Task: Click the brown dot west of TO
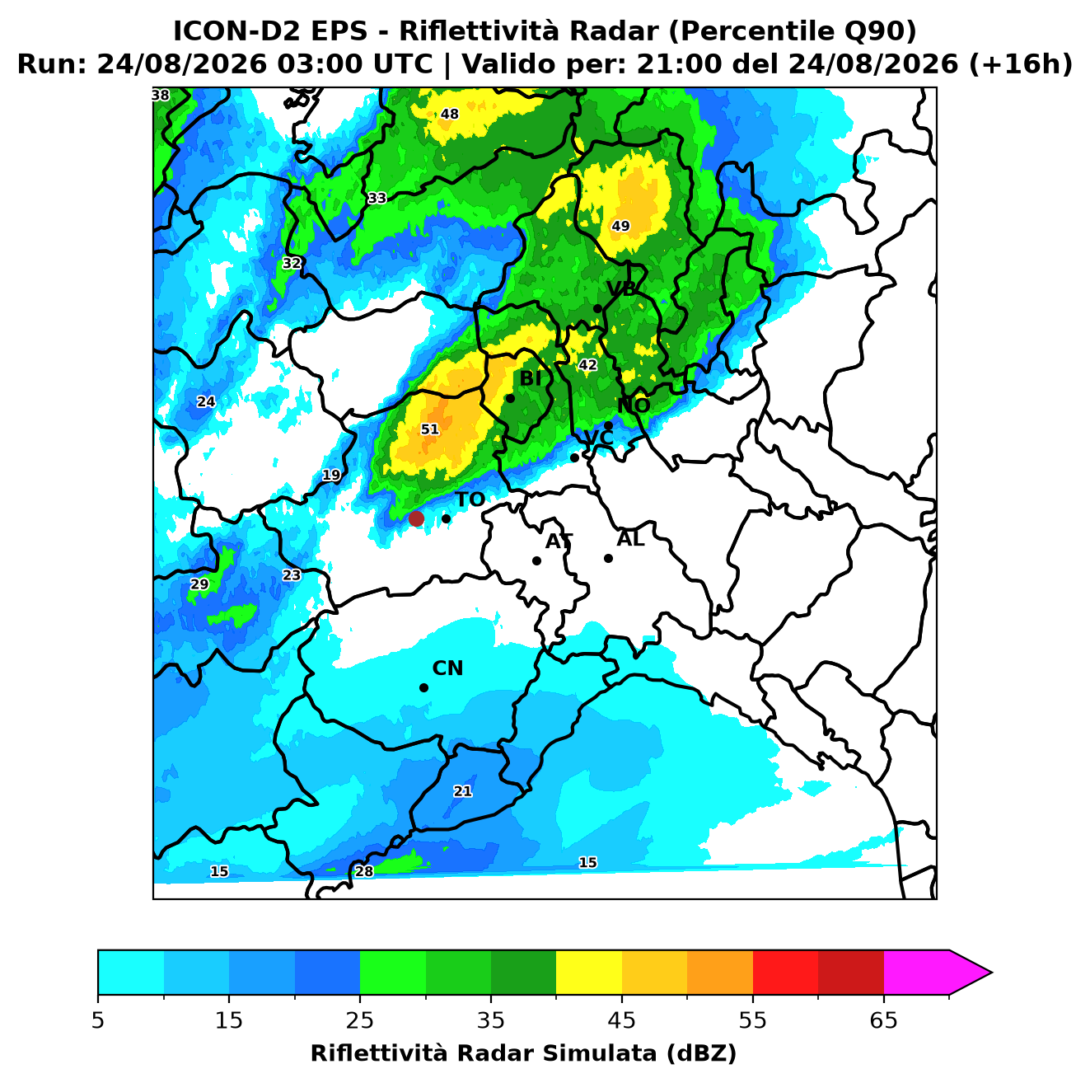click(416, 518)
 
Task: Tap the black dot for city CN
click(423, 688)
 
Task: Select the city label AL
click(630, 539)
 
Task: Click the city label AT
click(559, 541)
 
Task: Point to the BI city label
click(531, 379)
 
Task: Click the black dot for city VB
click(597, 308)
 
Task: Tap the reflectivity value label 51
click(429, 429)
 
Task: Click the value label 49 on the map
click(620, 226)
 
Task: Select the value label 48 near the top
click(450, 114)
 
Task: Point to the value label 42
click(587, 365)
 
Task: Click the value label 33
click(377, 198)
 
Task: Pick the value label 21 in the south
click(463, 791)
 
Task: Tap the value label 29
click(199, 584)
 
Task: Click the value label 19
click(331, 475)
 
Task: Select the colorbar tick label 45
click(622, 1020)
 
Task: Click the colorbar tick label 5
click(98, 1020)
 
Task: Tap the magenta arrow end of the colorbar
click(970, 973)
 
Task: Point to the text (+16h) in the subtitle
click(1021, 64)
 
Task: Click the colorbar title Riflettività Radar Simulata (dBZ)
click(523, 1053)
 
